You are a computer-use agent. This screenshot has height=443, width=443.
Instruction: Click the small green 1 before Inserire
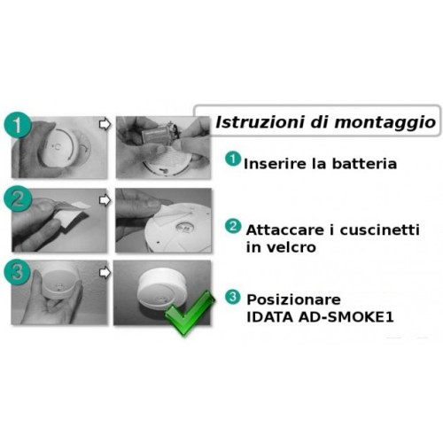pos(232,159)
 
